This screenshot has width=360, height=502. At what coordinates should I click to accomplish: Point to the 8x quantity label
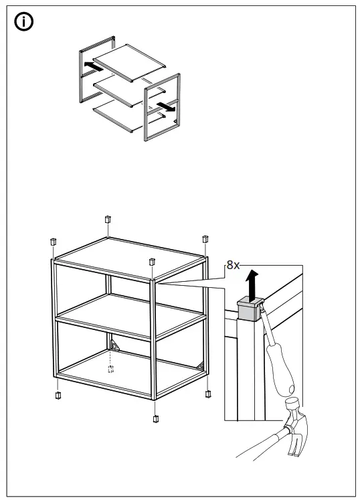(233, 265)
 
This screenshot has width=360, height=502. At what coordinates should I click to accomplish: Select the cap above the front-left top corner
(52, 241)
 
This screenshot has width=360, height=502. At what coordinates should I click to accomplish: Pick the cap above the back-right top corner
(205, 239)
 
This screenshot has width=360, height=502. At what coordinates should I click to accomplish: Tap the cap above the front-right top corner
(152, 261)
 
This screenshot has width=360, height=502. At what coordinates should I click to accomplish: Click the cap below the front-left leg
(59, 394)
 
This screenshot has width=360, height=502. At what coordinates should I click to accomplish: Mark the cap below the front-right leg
(156, 419)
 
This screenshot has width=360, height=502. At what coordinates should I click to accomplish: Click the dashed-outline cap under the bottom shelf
(111, 369)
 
